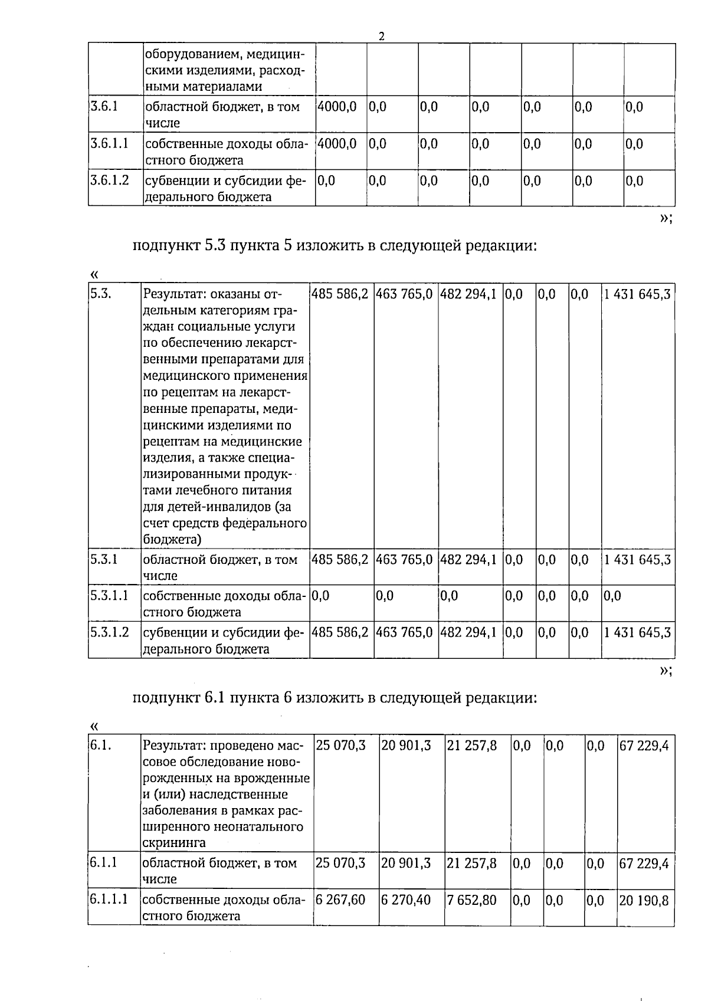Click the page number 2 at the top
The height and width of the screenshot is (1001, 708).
pyautogui.click(x=382, y=37)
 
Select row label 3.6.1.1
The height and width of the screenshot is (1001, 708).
pyautogui.click(x=109, y=143)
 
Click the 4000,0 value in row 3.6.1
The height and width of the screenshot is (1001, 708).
pyautogui.click(x=337, y=107)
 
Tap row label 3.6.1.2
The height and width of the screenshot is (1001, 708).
pyautogui.click(x=109, y=180)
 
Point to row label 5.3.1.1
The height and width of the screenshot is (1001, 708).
pyautogui.click(x=109, y=596)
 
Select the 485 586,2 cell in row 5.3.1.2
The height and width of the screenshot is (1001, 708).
pyautogui.click(x=340, y=632)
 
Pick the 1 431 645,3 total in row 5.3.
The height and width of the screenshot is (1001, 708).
pyautogui.click(x=637, y=294)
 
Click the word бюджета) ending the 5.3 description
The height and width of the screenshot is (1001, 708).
pyautogui.click(x=172, y=539)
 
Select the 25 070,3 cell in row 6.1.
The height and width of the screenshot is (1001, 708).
pyautogui.click(x=340, y=746)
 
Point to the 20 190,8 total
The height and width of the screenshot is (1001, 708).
pyautogui.click(x=644, y=900)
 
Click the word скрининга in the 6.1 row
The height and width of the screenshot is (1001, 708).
pyautogui.click(x=174, y=842)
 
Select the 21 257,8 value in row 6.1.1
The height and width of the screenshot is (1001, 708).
pyautogui.click(x=471, y=863)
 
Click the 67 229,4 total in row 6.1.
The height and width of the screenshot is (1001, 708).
pyautogui.click(x=644, y=746)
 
